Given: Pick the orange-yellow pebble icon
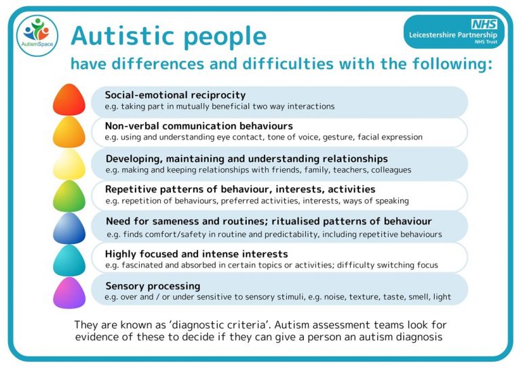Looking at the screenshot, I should click(69, 132).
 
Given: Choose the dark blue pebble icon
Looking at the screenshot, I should click(69, 228).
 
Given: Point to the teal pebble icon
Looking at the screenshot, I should click(69, 260).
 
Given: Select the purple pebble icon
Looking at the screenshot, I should click(69, 292).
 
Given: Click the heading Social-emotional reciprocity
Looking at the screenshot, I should click(175, 95).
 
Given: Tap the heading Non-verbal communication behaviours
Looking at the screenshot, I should click(199, 126).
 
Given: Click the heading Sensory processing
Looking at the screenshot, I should click(153, 286).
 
